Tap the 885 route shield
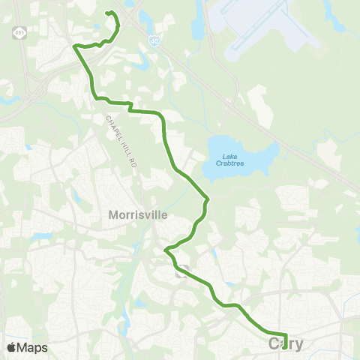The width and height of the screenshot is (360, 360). click(19, 33)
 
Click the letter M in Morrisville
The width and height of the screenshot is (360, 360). click(113, 214)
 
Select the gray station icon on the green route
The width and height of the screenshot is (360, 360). click(180, 274)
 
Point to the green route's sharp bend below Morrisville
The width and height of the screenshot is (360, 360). click(166, 248)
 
